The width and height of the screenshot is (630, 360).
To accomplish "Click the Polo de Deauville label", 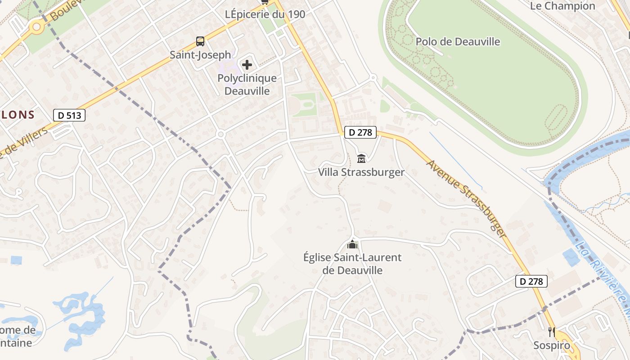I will tap(458, 42).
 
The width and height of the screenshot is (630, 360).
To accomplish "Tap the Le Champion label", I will tap(562, 6).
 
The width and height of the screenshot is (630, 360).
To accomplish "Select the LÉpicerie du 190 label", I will tap(265, 14).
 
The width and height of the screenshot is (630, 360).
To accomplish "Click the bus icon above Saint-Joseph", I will tap(200, 42).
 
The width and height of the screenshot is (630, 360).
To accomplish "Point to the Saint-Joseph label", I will tap(200, 55).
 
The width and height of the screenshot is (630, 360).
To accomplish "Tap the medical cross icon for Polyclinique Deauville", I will tap(247, 65).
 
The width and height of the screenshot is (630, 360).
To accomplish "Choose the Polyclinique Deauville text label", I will tap(247, 85).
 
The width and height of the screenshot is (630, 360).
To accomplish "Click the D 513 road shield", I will tap(69, 115).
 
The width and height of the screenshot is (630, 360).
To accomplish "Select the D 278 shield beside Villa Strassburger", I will tap(360, 132).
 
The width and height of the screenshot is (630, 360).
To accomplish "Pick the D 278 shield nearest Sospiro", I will tap(531, 282).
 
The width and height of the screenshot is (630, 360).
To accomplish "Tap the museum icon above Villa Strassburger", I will tap(361, 158).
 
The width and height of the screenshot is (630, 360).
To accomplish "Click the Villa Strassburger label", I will tap(361, 172).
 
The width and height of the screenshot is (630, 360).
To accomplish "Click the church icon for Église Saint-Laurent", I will tap(352, 244).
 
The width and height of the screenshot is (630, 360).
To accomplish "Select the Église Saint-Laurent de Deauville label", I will tap(352, 264).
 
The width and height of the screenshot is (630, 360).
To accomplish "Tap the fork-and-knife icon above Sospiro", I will tap(552, 332).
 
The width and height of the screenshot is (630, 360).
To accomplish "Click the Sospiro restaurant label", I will tap(552, 346).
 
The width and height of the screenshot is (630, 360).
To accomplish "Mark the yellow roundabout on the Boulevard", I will tap(36, 27).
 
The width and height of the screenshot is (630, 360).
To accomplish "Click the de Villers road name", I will tap(25, 142).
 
